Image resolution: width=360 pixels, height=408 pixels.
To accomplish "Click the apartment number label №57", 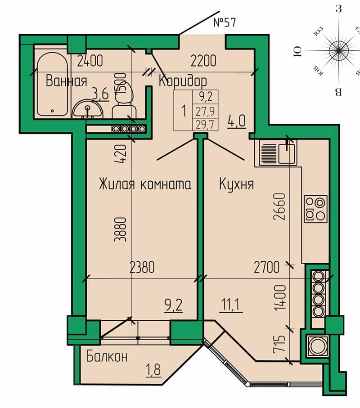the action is point(225,22).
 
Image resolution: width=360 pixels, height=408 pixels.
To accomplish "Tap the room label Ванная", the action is point(67,81).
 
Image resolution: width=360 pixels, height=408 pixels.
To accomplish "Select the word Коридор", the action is point(183,81).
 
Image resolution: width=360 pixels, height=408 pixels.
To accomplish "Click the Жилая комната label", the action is point(145,184).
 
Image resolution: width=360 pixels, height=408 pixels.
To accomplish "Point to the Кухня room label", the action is point(236,184).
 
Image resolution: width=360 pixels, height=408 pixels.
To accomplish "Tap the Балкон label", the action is point(107,356).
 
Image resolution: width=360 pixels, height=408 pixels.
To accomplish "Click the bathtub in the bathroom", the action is point(52,84).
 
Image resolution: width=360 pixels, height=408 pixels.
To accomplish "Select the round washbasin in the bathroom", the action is point(87,109).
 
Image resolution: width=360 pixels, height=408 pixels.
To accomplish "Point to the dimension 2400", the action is point(90,61).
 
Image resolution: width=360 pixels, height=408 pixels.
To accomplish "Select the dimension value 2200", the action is point(203,61).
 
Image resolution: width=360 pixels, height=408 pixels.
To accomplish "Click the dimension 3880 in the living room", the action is point(121,230).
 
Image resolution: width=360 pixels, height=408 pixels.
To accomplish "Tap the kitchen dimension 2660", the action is point(279,206).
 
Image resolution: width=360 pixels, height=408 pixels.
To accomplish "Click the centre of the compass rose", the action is point(339,50).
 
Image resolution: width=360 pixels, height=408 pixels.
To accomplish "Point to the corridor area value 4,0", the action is point(237,121).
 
